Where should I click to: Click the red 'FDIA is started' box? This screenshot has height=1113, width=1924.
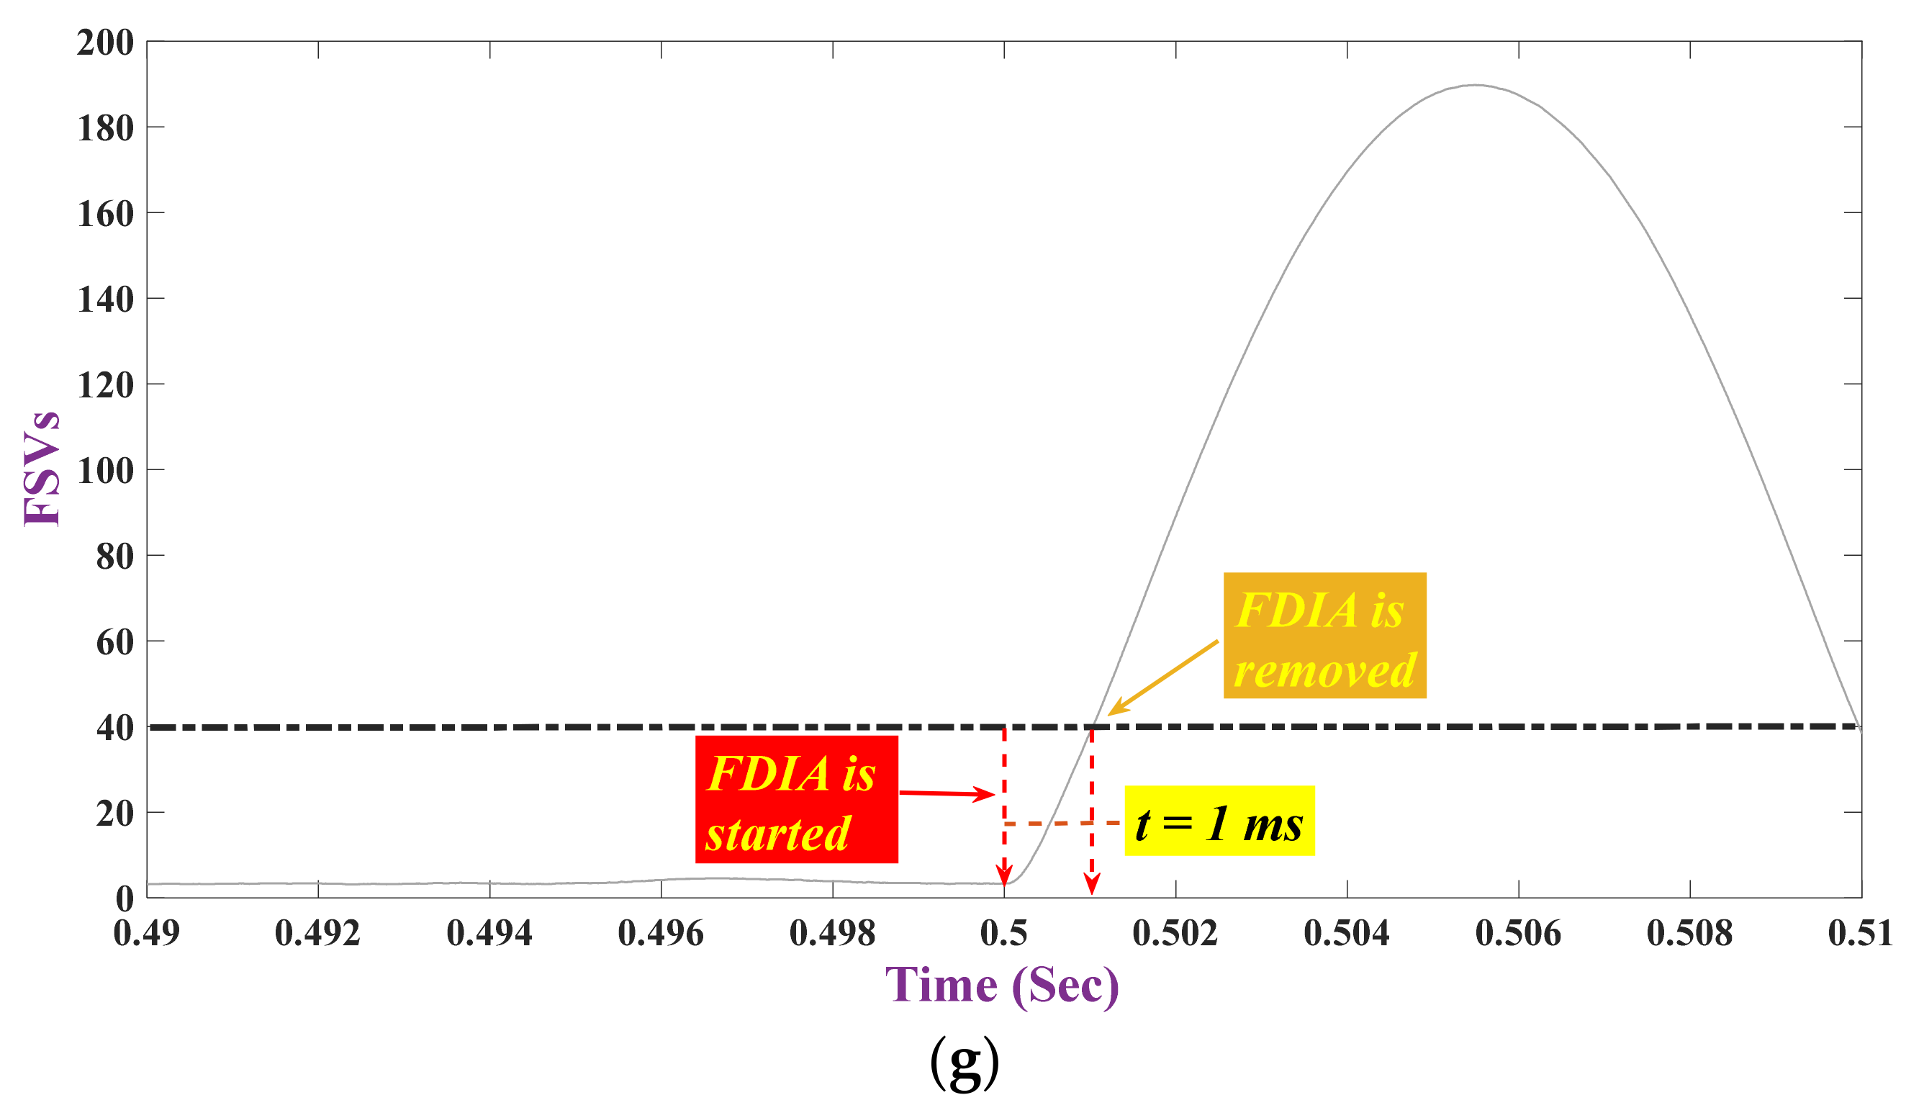pyautogui.click(x=796, y=799)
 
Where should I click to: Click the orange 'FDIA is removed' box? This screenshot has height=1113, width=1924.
pyautogui.click(x=1324, y=635)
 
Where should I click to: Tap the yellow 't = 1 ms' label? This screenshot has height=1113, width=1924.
pyautogui.click(x=1219, y=821)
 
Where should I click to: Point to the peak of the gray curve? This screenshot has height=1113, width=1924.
pyautogui.click(x=1476, y=85)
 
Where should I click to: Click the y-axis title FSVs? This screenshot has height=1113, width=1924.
pyautogui.click(x=42, y=468)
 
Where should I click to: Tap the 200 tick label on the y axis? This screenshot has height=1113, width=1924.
pyautogui.click(x=105, y=42)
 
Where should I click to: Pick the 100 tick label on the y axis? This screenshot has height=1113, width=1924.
pyautogui.click(x=105, y=471)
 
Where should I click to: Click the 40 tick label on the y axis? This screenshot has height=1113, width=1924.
pyautogui.click(x=114, y=728)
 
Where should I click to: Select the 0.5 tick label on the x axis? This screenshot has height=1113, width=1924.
pyautogui.click(x=1004, y=933)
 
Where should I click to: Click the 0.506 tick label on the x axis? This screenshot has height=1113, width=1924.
pyautogui.click(x=1518, y=933)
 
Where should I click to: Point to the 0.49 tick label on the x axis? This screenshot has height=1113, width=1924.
pyautogui.click(x=147, y=933)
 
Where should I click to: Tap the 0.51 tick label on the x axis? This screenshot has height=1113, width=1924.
pyautogui.click(x=1860, y=933)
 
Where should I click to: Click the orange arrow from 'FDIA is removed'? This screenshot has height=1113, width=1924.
pyautogui.click(x=1162, y=678)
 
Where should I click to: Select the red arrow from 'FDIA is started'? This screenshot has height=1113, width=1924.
pyautogui.click(x=947, y=794)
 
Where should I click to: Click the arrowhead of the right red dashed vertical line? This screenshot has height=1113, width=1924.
pyautogui.click(x=1092, y=886)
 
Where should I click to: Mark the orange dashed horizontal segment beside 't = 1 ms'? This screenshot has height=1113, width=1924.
pyautogui.click(x=1061, y=823)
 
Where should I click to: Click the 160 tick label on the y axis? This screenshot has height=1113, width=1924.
pyautogui.click(x=105, y=214)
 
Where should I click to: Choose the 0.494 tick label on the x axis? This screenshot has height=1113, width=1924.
pyautogui.click(x=489, y=933)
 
